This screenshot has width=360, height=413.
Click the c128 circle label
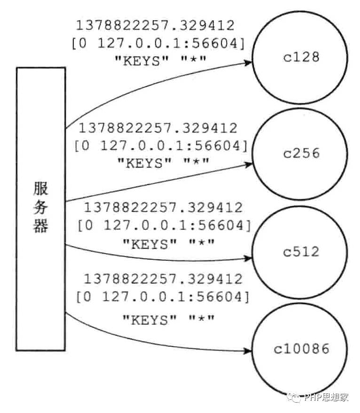(301, 58)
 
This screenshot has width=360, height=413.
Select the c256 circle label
(301, 153)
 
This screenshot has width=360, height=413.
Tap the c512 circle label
(301, 251)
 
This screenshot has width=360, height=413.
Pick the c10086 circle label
(301, 350)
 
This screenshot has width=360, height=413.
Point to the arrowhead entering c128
(248, 62)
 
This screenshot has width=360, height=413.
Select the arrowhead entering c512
(247, 258)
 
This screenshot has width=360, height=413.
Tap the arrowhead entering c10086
(247, 351)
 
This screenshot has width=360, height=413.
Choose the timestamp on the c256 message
(158, 128)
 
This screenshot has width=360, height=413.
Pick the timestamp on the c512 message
(163, 207)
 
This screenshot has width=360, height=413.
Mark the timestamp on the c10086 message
(163, 279)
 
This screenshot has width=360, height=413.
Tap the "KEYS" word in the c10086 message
(149, 320)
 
